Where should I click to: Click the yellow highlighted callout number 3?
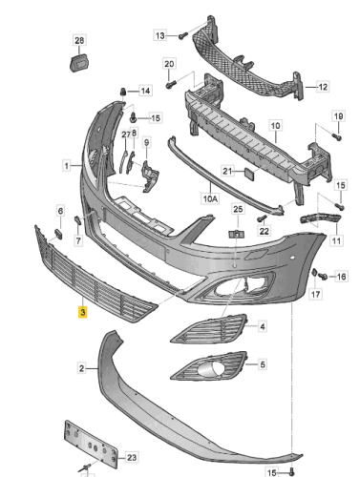(83, 312)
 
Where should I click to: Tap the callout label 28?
(79, 40)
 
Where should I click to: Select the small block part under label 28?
(79, 63)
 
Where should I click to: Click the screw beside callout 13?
(182, 36)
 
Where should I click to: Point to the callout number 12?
(323, 87)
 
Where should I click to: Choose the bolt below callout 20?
(171, 84)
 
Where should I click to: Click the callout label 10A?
(210, 198)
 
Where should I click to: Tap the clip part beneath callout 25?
(237, 235)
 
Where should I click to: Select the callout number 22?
(265, 231)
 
